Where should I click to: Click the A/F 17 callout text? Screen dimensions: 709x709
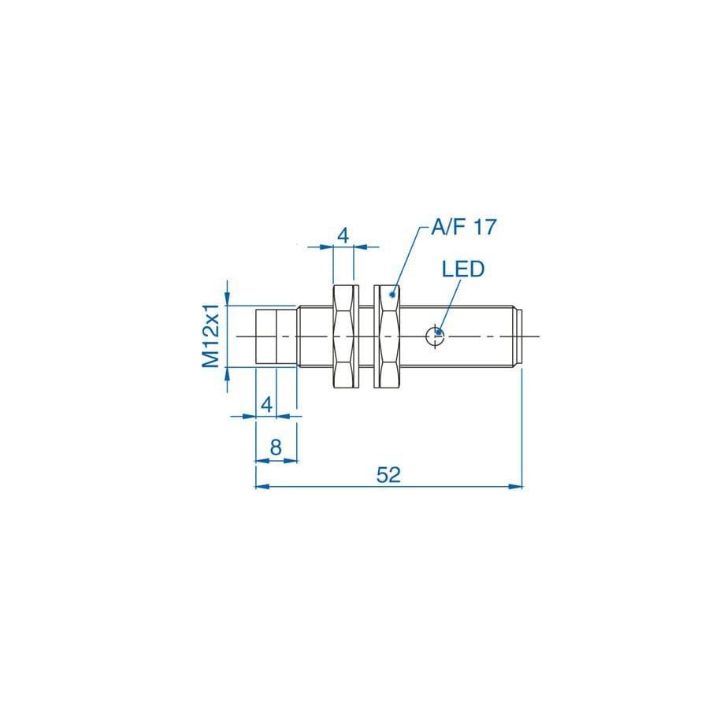point(463,227)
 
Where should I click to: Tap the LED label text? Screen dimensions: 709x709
point(463,269)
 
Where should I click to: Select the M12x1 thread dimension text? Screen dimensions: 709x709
point(210,336)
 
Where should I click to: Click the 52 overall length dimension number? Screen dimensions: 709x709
point(388,475)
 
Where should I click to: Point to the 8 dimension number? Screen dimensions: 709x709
point(276,447)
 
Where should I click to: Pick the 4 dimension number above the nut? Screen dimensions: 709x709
point(343,236)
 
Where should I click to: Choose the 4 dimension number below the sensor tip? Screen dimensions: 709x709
point(267,404)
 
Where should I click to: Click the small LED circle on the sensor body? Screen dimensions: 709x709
point(435,336)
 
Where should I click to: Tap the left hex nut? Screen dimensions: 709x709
point(346,336)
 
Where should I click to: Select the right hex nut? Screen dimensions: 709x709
point(387,336)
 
